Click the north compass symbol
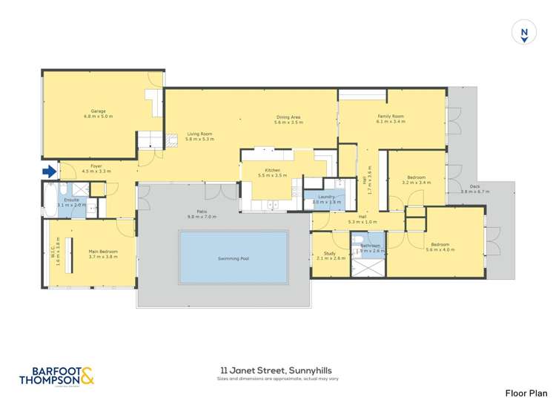(524, 33)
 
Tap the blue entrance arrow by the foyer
(49, 171)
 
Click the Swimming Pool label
(234, 258)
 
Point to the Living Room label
(199, 134)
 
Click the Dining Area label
(288, 117)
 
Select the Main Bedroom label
(103, 252)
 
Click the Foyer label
(96, 166)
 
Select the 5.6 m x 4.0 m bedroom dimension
(440, 249)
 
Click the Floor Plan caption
(526, 393)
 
